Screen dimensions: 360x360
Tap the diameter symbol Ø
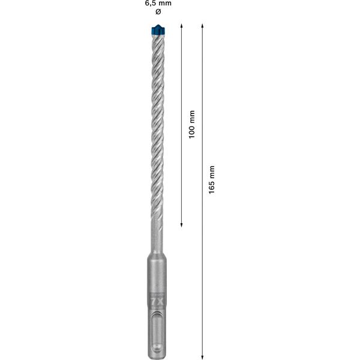pos(158,12)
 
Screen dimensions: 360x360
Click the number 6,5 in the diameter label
pos(150,3)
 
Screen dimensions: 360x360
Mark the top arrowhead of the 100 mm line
pos(182,28)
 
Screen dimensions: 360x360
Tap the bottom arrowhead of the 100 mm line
pos(182,224)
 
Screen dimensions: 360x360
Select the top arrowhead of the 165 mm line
pos(202,28)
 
